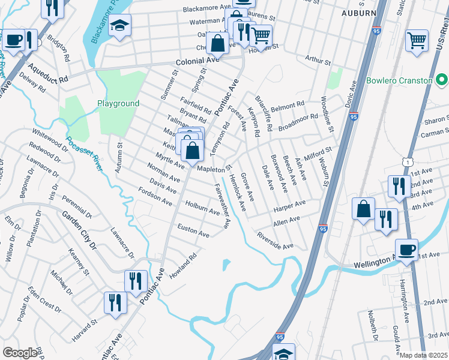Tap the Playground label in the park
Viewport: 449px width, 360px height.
coord(118,103)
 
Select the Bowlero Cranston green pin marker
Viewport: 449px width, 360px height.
coord(442,80)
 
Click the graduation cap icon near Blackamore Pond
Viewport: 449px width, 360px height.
coord(121,25)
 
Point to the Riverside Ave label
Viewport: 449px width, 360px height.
coord(274,240)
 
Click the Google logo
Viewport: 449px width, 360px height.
coord(20,353)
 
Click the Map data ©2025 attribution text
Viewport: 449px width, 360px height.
coord(424,355)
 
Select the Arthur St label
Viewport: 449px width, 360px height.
coord(318,61)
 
